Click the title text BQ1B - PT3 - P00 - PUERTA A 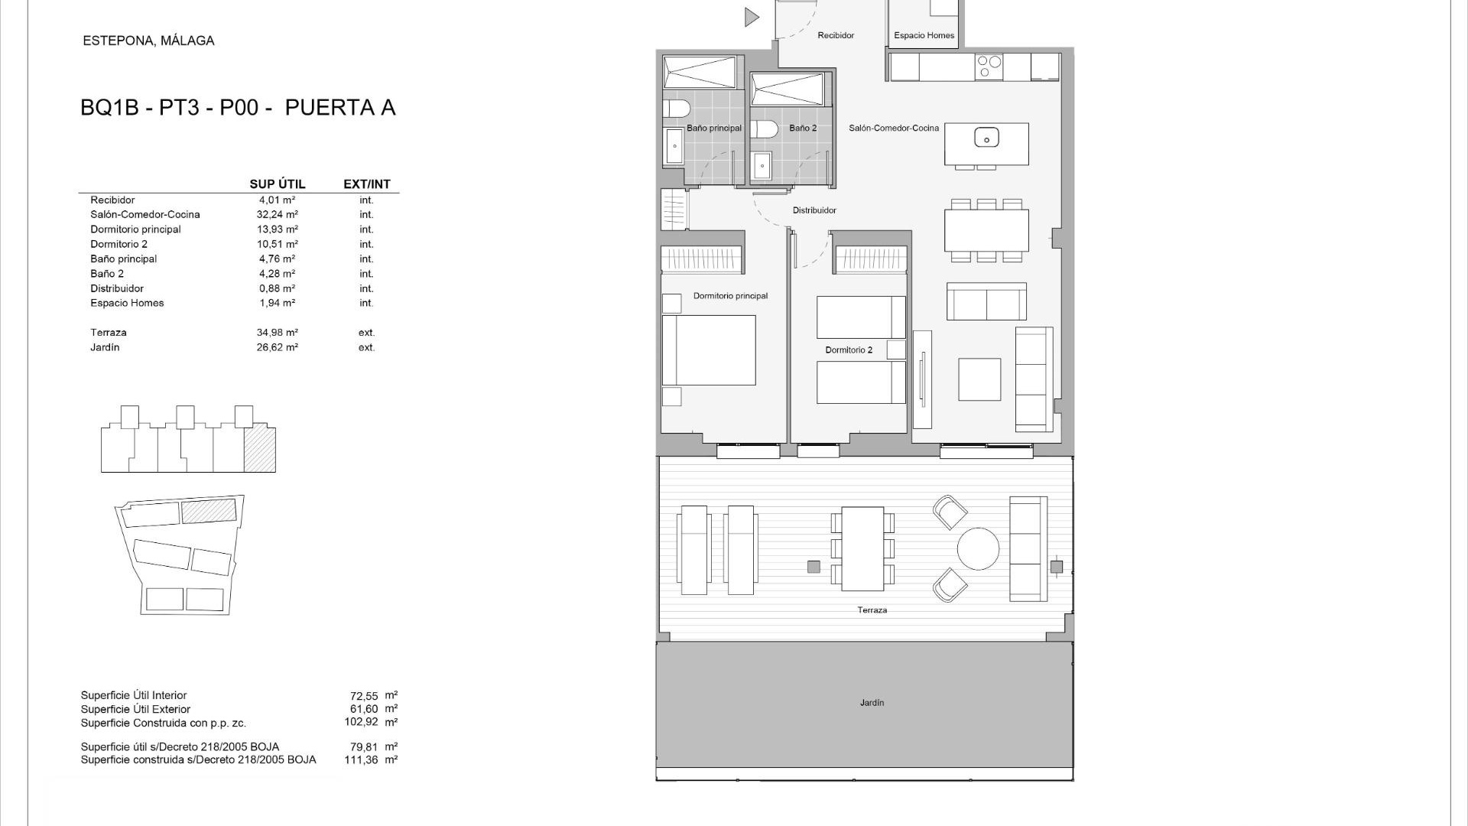[238, 108]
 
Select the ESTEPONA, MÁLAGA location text [148, 41]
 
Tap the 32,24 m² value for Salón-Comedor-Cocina [277, 215]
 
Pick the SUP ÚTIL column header [277, 184]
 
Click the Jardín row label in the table [105, 347]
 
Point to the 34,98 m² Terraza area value [277, 333]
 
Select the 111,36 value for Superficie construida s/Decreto [361, 760]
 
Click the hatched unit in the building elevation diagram [259, 450]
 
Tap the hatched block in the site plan [209, 511]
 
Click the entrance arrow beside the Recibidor [752, 17]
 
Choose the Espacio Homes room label [924, 35]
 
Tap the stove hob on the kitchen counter [989, 67]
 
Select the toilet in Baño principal [676, 108]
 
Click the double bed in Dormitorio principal [709, 350]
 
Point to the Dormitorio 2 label [848, 350]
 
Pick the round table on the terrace [978, 548]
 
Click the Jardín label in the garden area [872, 703]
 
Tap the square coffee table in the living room [979, 379]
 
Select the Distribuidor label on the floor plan [814, 210]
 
